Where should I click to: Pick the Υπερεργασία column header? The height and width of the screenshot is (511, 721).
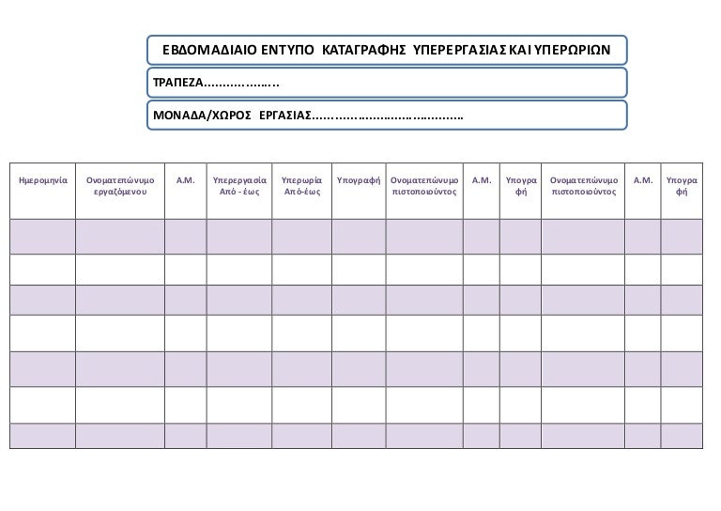[x=239, y=178]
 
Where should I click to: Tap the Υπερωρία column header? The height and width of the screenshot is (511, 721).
[x=301, y=178]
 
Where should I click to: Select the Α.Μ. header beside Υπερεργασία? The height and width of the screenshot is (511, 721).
[x=185, y=178]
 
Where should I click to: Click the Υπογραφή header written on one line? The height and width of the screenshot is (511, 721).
[x=357, y=178]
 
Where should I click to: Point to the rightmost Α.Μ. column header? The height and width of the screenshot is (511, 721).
[x=644, y=178]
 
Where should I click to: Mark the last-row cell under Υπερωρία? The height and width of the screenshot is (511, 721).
[x=301, y=437]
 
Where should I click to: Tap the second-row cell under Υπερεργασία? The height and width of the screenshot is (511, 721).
[x=239, y=270]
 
